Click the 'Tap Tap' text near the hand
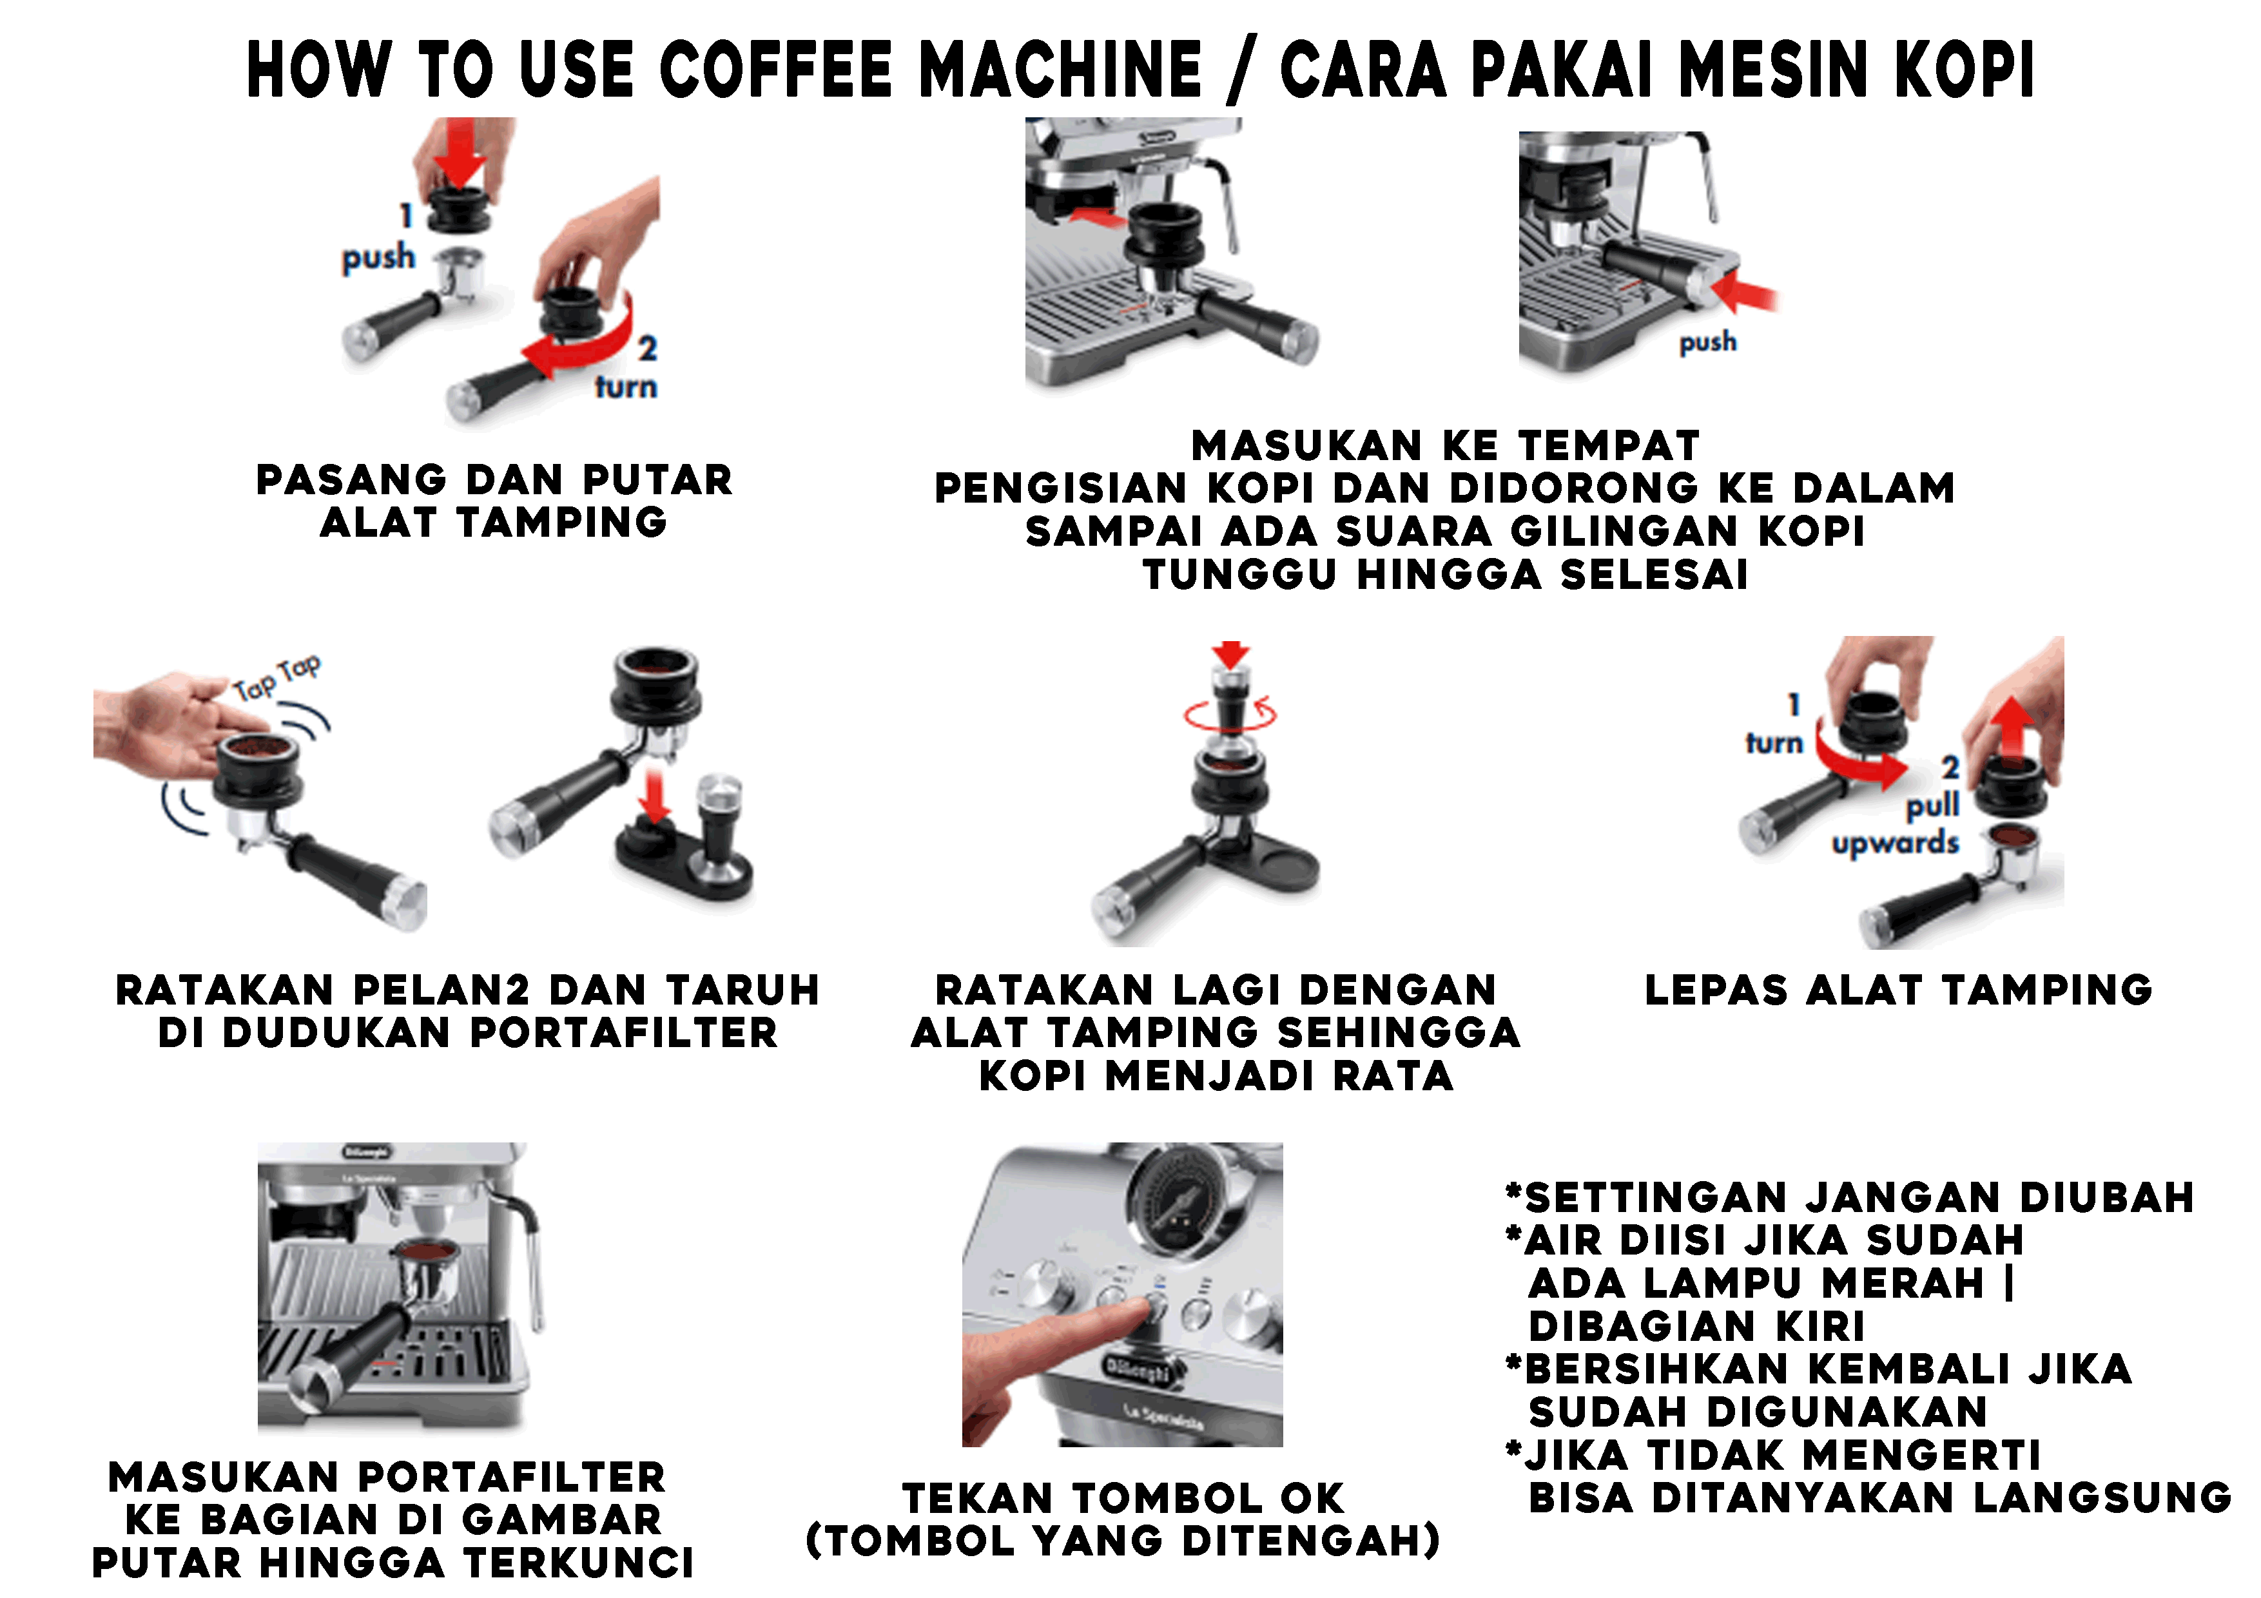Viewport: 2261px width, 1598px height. (x=277, y=677)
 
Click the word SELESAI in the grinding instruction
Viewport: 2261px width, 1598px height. (x=1655, y=575)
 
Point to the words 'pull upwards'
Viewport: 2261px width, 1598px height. (x=1896, y=824)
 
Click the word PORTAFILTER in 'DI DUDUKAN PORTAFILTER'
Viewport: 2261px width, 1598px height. (x=623, y=1034)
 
